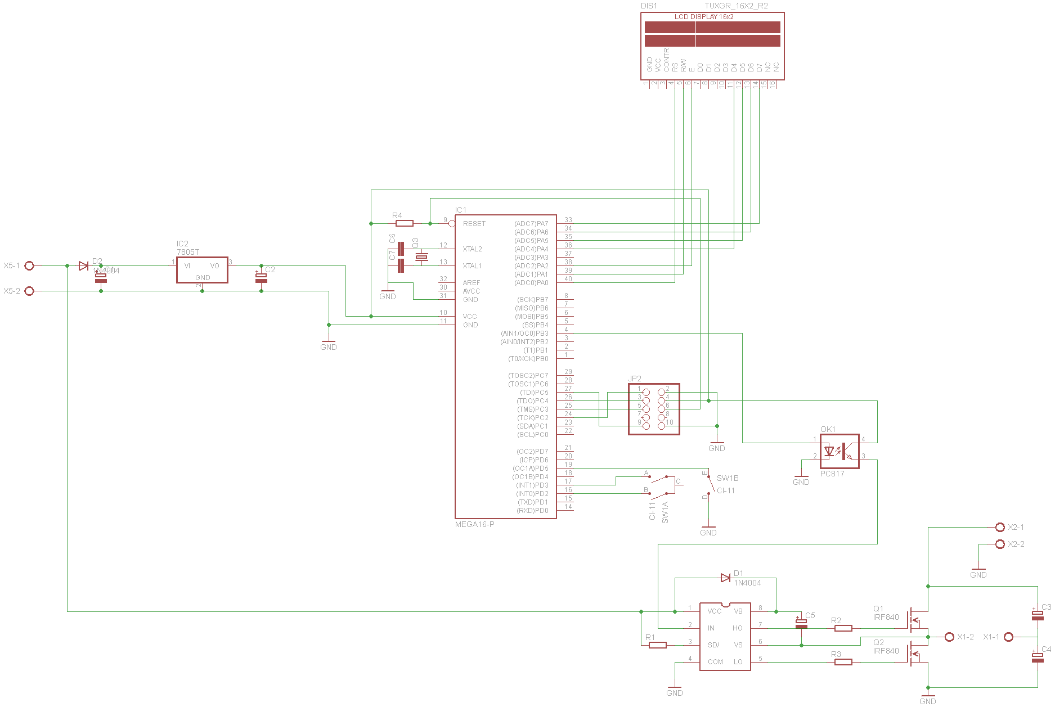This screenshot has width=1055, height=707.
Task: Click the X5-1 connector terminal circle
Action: (x=29, y=265)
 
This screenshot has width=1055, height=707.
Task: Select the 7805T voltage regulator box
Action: (x=202, y=270)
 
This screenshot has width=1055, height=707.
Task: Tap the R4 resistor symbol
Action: (x=405, y=223)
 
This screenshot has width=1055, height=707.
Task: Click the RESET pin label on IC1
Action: (x=474, y=224)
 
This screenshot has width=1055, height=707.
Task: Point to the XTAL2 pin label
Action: (x=472, y=249)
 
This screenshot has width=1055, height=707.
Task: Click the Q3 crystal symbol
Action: (x=421, y=257)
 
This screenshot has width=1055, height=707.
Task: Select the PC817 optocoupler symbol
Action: (x=839, y=451)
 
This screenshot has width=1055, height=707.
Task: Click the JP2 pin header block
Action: (x=654, y=409)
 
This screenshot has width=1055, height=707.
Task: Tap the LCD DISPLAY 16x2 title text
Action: (x=704, y=17)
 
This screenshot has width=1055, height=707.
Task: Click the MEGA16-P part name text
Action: (x=475, y=525)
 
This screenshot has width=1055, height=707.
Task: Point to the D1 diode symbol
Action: (x=726, y=578)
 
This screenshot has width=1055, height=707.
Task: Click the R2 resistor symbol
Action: (x=843, y=628)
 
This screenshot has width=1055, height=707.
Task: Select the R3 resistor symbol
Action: (x=843, y=662)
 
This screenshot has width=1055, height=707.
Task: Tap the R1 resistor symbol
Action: (x=658, y=645)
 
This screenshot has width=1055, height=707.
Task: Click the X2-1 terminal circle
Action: (x=1000, y=527)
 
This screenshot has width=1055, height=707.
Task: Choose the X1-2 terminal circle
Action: (x=949, y=637)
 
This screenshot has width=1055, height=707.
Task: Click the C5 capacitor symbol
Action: (x=801, y=623)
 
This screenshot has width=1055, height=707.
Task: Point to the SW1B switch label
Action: (x=728, y=479)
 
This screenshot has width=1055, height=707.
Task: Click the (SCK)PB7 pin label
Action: (x=532, y=300)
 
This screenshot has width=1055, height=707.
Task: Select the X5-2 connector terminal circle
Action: (x=29, y=291)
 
